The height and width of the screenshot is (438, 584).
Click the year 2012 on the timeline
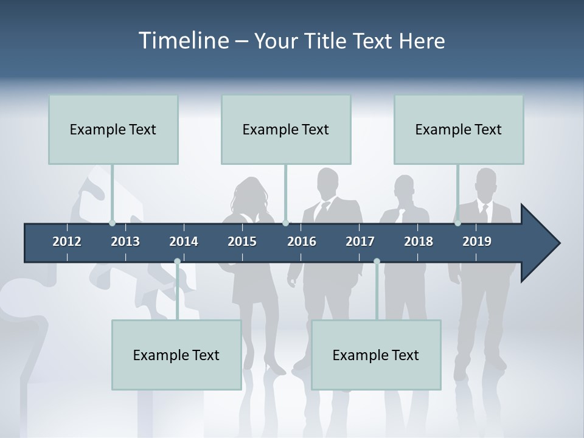[67, 242]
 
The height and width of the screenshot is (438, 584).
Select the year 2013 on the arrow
[125, 242]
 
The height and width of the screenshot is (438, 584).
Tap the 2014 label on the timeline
[184, 242]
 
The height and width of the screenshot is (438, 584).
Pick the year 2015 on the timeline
[242, 242]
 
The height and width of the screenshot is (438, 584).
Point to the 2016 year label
[302, 242]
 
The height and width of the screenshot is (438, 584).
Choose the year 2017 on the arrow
[360, 242]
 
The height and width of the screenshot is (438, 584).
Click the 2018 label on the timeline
[419, 242]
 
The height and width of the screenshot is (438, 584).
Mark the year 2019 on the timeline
[477, 242]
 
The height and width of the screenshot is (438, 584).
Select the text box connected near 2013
[113, 130]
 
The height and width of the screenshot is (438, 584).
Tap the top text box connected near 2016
[286, 130]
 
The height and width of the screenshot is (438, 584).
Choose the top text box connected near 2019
[459, 130]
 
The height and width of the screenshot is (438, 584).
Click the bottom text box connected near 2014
[176, 355]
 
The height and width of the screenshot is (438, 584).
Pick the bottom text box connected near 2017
[376, 355]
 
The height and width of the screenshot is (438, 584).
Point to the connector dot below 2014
[177, 262]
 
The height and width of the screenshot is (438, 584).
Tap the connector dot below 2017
[377, 262]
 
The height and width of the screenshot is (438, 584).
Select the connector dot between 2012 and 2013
[112, 223]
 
